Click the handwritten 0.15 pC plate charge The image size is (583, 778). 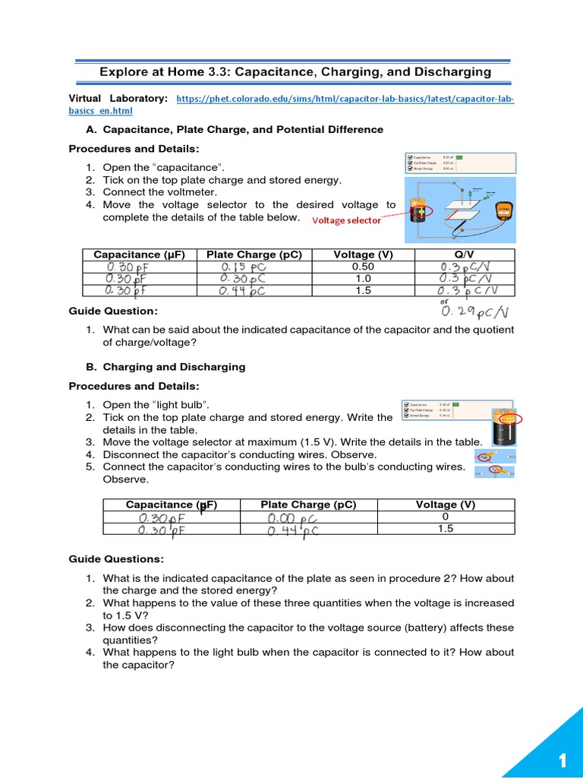pos(243,267)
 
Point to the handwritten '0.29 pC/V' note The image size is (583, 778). pos(475,312)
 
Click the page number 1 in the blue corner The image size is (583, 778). pos(563,761)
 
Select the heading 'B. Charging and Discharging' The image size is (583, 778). pos(157,367)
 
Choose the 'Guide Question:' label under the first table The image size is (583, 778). pos(102,312)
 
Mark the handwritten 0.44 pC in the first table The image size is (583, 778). pos(243,291)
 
